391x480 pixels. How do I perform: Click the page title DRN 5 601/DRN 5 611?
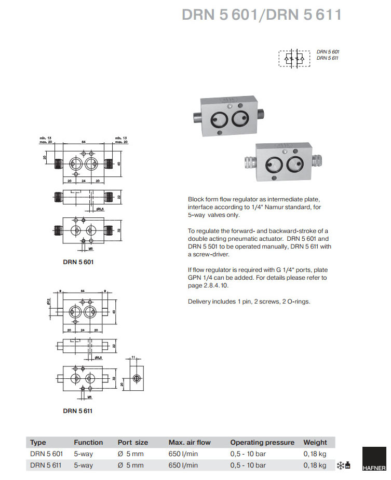(x=261, y=15)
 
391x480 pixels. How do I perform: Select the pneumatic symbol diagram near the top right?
(x=295, y=58)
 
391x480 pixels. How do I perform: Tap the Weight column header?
(x=315, y=443)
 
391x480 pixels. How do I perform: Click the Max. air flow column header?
(x=190, y=443)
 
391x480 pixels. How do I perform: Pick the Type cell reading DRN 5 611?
(x=46, y=465)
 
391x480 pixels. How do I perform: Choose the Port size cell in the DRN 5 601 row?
(x=131, y=454)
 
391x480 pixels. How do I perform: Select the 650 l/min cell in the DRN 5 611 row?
(x=183, y=465)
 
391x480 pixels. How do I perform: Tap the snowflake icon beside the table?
(x=341, y=465)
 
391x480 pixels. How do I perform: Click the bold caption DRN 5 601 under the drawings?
(x=78, y=262)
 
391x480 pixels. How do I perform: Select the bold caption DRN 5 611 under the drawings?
(x=78, y=411)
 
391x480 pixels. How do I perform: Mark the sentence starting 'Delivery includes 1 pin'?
(x=249, y=301)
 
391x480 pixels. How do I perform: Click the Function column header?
(x=88, y=443)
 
